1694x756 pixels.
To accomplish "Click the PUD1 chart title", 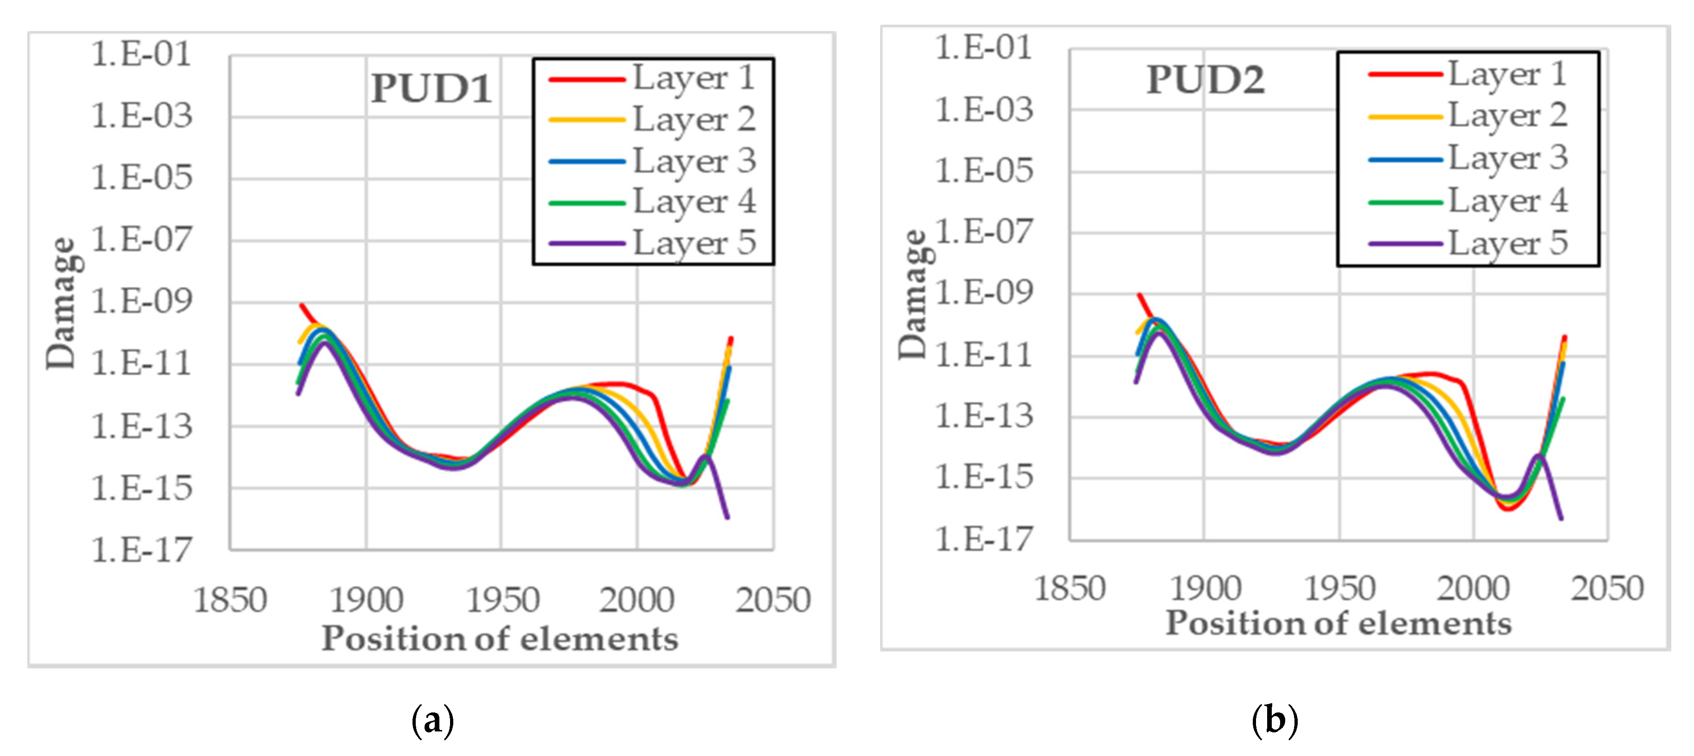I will tap(431, 88).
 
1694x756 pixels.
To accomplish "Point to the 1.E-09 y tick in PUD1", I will tap(141, 301).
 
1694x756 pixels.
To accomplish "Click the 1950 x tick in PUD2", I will tap(1339, 588).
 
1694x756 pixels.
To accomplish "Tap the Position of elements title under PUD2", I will tap(1338, 623).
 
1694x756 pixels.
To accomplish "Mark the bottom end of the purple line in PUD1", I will tap(727, 517).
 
